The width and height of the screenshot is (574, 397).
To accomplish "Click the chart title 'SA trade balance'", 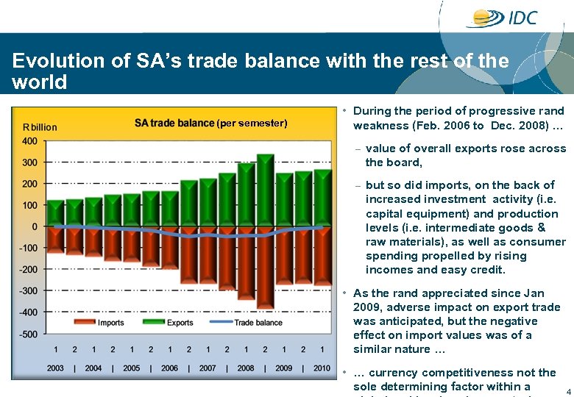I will (x=174, y=123).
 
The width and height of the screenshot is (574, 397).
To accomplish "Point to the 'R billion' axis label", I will (x=40, y=127).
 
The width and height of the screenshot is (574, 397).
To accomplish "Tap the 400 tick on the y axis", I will (x=29, y=141).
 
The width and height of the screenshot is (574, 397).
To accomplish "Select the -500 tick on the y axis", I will (x=28, y=335).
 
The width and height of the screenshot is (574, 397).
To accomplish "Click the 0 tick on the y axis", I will (x=34, y=227).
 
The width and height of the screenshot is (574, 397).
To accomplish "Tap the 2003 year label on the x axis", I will (x=55, y=368).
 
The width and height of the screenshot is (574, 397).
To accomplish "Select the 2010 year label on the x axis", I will (x=322, y=368).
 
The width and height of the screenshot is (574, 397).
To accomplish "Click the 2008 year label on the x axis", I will (x=246, y=368).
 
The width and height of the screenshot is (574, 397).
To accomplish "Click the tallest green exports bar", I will (x=265, y=191).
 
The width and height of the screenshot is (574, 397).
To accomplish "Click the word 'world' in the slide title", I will (x=40, y=82).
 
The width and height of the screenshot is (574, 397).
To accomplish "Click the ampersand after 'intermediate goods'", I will (x=561, y=228).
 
